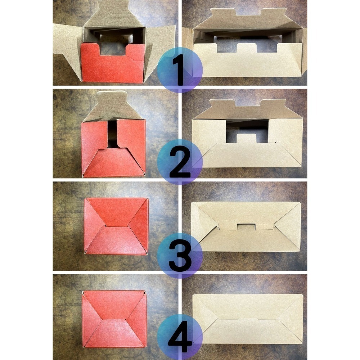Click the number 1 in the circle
(x=180, y=70)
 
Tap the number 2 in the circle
(x=180, y=163)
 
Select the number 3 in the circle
(x=180, y=256)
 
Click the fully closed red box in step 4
(x=114, y=319)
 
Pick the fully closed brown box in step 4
(x=248, y=319)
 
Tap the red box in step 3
(x=116, y=226)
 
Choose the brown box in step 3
(x=246, y=226)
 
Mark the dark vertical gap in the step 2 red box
(x=112, y=134)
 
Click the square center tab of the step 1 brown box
(x=247, y=48)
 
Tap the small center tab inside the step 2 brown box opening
(x=246, y=138)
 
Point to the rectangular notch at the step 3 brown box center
(x=246, y=227)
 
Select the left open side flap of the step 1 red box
(x=67, y=46)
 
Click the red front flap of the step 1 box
(x=112, y=66)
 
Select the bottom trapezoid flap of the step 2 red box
(x=114, y=163)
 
